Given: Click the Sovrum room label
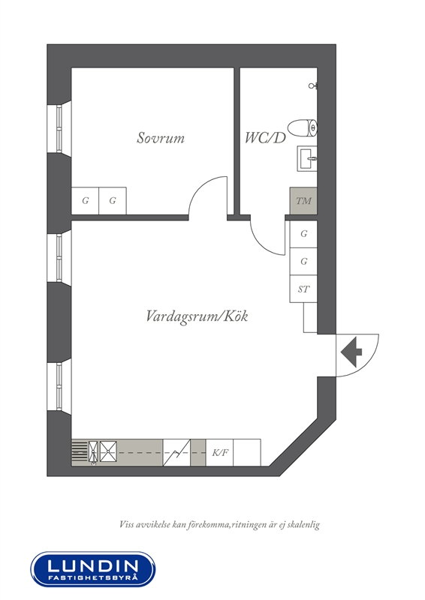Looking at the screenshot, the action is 161,138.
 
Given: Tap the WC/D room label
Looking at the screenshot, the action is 265,138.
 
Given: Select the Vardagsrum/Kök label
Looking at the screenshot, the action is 197,316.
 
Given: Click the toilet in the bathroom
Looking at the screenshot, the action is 303,128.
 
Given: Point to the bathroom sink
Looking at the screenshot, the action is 307,158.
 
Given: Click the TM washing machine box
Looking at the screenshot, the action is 303,201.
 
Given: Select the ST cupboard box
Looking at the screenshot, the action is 303,289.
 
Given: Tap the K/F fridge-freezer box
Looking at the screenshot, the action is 219,453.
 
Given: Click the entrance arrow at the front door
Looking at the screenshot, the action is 351,352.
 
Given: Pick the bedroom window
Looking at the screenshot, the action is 59,128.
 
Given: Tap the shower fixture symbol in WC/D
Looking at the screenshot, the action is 313,85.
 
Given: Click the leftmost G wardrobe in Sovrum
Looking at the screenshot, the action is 86,201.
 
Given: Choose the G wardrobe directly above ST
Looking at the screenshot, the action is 303,262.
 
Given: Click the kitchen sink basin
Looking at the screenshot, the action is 108,451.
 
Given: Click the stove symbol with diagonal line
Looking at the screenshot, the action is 176,453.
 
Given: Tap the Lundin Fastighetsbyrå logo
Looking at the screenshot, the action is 93,569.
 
